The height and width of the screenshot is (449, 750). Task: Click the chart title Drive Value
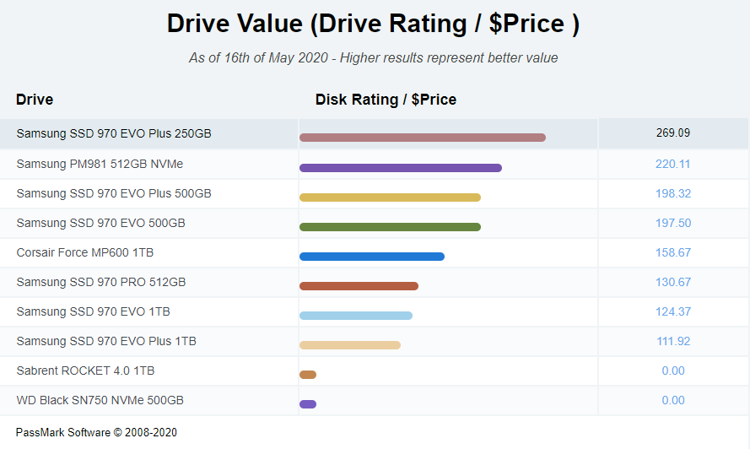point(373,24)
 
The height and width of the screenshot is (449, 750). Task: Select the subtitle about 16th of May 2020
point(373,58)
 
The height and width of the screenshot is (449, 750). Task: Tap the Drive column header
point(35,100)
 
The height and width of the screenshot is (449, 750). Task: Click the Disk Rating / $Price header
point(386,100)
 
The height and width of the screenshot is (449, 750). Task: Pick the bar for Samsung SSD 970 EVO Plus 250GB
point(422,138)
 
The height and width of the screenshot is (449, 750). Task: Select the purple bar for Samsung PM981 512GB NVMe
point(400,167)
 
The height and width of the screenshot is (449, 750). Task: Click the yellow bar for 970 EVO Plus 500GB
point(390,197)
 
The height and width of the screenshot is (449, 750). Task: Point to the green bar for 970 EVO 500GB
point(390,226)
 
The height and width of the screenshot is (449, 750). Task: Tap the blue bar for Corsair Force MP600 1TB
point(371,256)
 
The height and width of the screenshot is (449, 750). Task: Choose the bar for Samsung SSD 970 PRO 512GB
point(359,285)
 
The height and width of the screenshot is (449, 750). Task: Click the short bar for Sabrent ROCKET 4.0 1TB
point(308,374)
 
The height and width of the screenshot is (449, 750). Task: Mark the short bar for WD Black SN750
point(308,403)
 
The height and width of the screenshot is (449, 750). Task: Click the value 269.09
point(672,133)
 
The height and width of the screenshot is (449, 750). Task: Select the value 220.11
point(672,164)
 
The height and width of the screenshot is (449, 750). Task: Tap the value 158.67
point(672,252)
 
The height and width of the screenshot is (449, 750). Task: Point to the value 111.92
point(672,341)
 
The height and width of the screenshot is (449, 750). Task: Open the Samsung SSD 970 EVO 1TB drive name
point(93,311)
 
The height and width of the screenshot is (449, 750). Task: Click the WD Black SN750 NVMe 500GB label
point(100,400)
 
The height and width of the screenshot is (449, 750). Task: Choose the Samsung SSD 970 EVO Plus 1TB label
point(106,341)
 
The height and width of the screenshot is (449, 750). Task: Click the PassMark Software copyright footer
point(96,432)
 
